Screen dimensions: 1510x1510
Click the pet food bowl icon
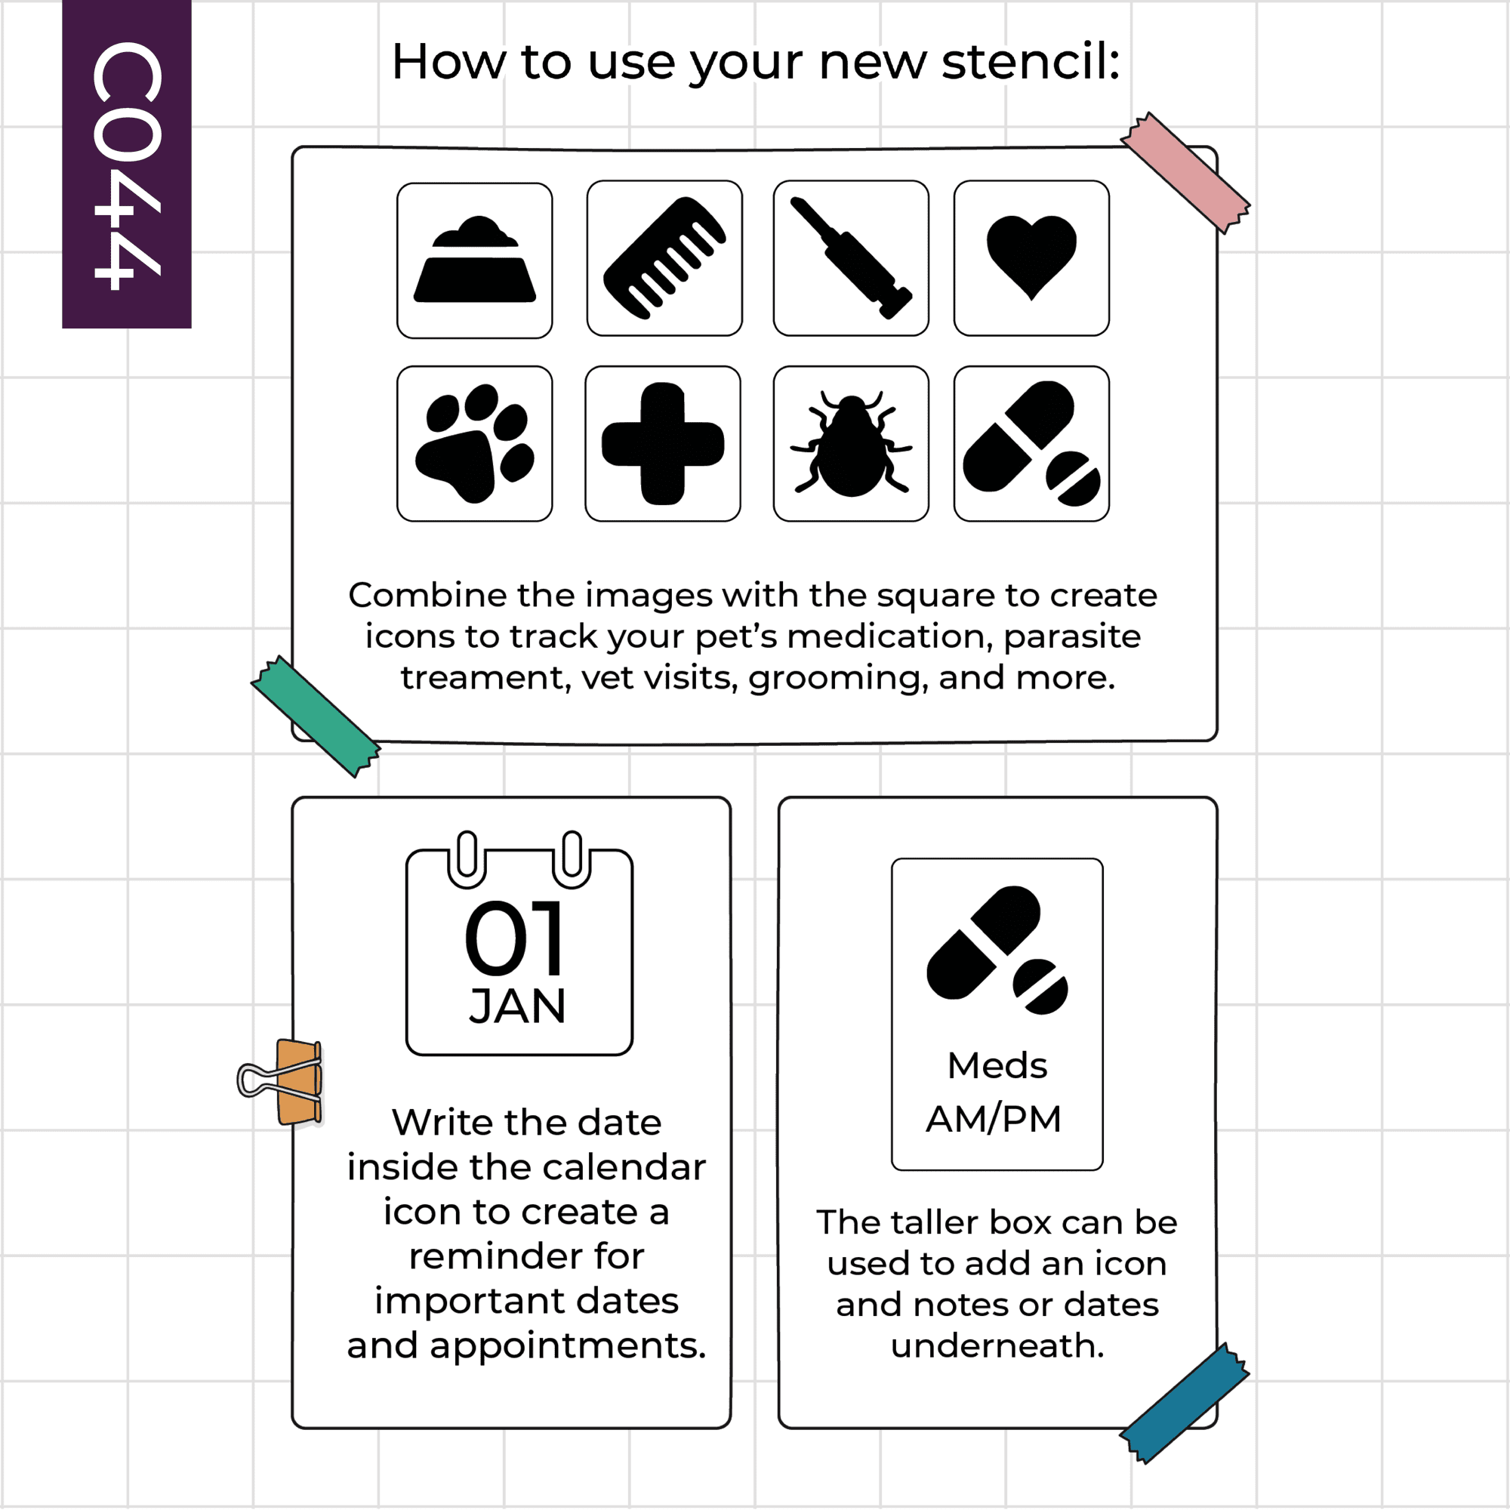click(474, 260)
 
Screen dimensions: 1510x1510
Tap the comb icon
click(664, 258)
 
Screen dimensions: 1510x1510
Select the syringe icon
click(850, 258)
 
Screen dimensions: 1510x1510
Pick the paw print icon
click(474, 443)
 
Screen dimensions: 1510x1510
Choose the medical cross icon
click(663, 443)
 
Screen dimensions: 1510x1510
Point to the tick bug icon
click(850, 444)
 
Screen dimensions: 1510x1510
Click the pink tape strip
click(1185, 173)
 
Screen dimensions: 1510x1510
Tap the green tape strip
click(316, 716)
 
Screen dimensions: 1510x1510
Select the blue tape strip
click(1184, 1404)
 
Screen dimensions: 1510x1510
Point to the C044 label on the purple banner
click(127, 165)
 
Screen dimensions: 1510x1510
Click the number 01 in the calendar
click(513, 938)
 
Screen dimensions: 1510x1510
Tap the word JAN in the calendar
click(517, 1006)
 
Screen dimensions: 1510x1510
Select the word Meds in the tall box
click(997, 1065)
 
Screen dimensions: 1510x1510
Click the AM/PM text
click(994, 1119)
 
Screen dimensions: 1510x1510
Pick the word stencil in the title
click(1031, 61)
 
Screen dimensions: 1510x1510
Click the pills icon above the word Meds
click(997, 951)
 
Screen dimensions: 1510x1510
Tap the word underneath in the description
click(997, 1346)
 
